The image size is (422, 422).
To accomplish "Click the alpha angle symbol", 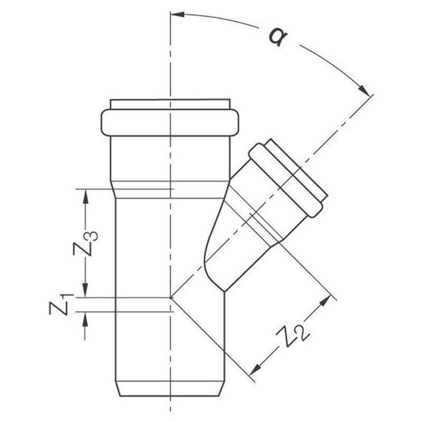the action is [279, 36].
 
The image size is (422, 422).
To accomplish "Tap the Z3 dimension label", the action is [85, 243].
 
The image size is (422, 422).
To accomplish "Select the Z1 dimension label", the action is [61, 305].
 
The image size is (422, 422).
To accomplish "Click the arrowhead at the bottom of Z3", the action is [85, 291].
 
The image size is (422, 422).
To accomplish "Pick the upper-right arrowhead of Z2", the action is [325, 301].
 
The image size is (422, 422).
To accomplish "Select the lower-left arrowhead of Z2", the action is [255, 369].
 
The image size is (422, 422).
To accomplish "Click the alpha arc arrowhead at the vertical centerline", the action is [178, 14].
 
